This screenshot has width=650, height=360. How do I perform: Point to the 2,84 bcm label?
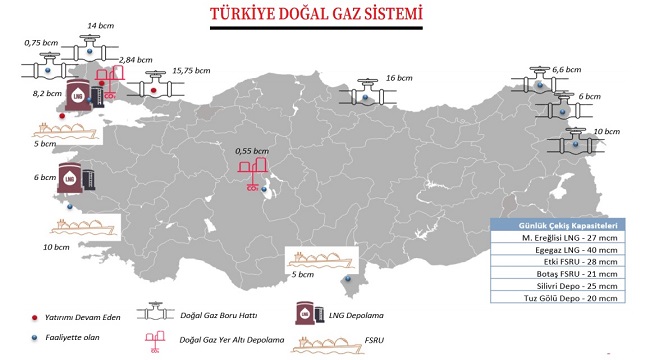134,61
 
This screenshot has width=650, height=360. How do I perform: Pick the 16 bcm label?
399,77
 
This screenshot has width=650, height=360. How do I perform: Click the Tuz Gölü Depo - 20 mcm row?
559,297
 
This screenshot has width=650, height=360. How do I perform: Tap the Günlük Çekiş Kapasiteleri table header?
559,225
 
